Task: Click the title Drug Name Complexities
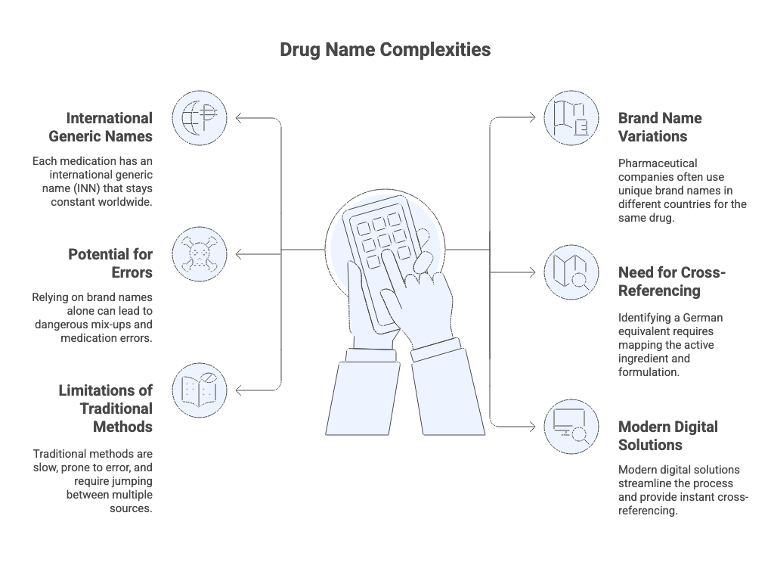pos(385,50)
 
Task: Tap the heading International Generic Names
pos(101,127)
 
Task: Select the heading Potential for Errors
pos(110,263)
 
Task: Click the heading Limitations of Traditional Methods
pos(106,409)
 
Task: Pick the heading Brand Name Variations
pos(660,127)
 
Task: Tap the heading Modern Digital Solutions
pos(668,436)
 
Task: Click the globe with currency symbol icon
pos(199,118)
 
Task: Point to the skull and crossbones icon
pos(199,254)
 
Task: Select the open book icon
pos(199,390)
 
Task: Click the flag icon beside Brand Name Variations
pos(571,118)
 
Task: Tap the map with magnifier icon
pos(571,272)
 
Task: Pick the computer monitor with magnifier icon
pos(571,427)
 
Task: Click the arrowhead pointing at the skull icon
pos(239,254)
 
